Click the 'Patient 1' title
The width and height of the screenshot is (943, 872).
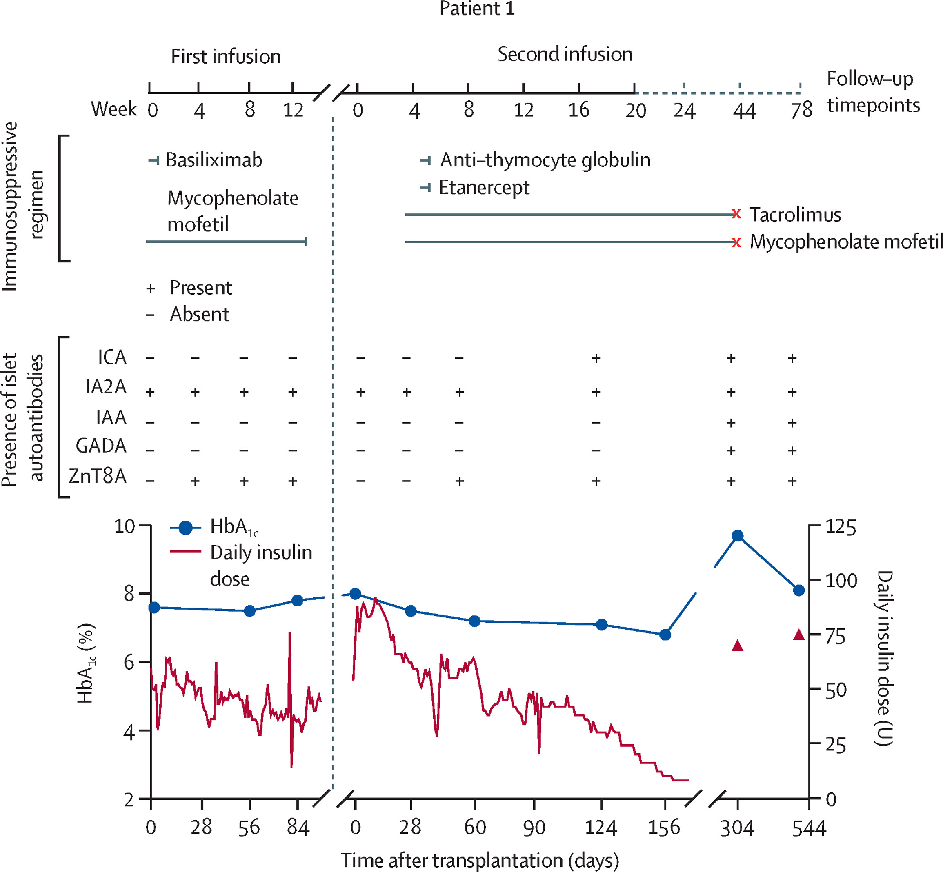coord(477,9)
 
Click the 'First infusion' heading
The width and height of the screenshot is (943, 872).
coord(226,57)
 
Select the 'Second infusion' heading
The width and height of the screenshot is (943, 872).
coord(565,54)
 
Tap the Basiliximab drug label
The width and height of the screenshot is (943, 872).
coord(214,160)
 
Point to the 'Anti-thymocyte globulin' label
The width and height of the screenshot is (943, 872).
coord(545,160)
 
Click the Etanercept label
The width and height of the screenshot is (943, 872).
coord(484,187)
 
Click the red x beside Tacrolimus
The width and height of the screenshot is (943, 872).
coord(736,214)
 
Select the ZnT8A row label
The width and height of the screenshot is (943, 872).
coord(98,476)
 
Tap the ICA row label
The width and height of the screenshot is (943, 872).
coord(112,357)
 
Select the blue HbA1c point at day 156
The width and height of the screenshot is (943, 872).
coord(665,635)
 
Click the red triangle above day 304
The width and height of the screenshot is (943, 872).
coord(738,646)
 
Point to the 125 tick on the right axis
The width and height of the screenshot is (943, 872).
coord(840,527)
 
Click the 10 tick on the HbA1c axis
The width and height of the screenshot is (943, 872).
coord(125,526)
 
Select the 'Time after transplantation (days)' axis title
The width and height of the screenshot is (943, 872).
coord(480,860)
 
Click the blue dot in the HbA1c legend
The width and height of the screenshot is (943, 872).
coord(185,528)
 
